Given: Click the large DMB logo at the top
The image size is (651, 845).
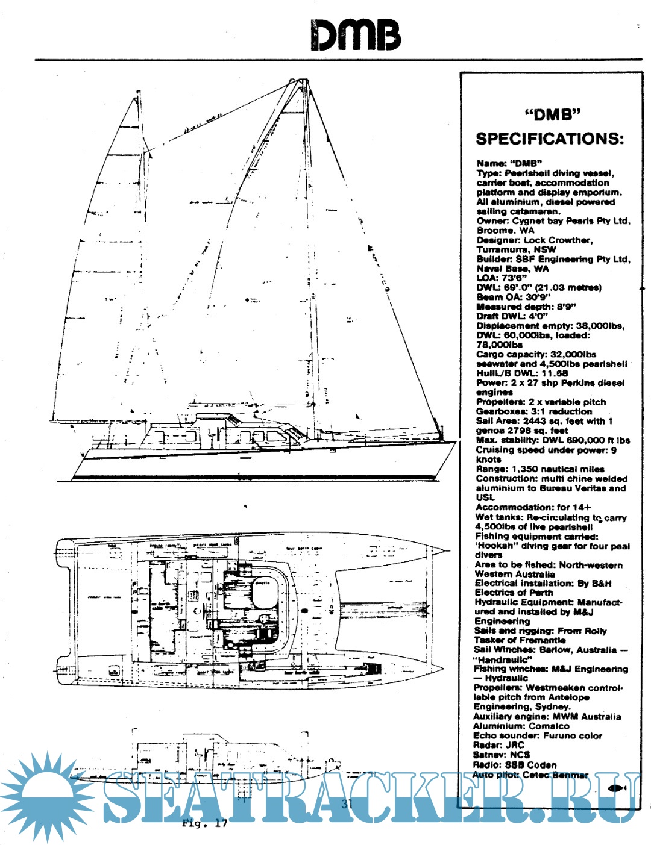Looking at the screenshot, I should tap(356, 35).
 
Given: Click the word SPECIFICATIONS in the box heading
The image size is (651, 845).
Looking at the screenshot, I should tap(550, 139).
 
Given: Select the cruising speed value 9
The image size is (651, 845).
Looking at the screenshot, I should tap(614, 450).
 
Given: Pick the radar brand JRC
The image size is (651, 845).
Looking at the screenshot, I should tap(515, 745).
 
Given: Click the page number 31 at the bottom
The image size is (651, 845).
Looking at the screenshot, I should tap(347, 803).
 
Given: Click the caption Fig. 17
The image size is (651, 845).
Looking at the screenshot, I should tap(205, 823).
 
